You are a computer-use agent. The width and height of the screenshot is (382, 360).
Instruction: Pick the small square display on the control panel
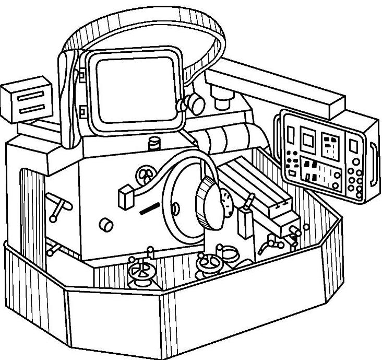click(307, 138)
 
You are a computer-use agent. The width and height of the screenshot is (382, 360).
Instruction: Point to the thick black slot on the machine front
click(148, 210)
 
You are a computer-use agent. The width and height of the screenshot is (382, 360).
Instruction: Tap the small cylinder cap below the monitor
click(154, 142)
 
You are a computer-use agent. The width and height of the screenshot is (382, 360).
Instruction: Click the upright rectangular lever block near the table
click(244, 222)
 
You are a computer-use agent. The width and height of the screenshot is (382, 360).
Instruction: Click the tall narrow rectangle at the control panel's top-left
click(290, 133)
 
